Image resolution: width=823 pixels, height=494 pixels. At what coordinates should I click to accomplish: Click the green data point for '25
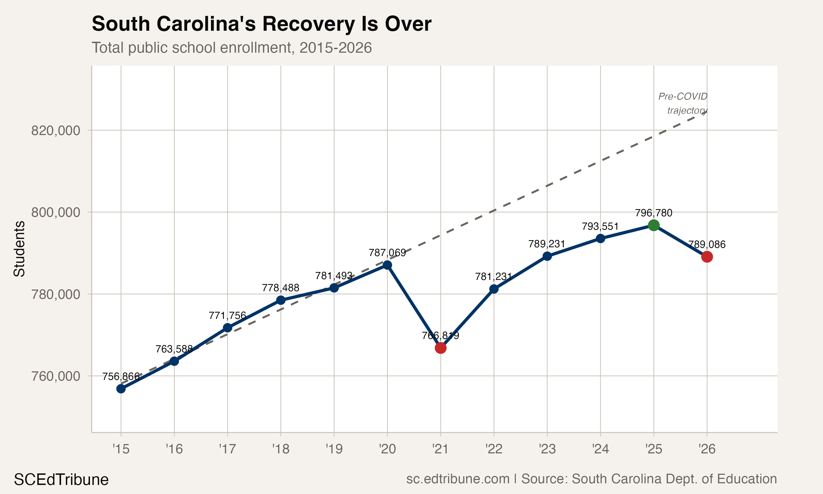[x=653, y=225]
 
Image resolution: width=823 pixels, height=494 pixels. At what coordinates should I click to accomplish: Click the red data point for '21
[x=440, y=348]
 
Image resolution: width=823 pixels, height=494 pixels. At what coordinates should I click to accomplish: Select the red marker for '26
[x=707, y=257]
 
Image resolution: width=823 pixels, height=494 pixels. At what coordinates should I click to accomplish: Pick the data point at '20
[x=387, y=265]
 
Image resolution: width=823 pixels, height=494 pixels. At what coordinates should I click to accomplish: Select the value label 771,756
[x=227, y=315]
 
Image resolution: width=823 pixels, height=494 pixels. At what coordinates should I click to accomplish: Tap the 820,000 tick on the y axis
[x=56, y=130]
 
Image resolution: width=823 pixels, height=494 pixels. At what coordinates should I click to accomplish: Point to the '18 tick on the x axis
[x=280, y=449]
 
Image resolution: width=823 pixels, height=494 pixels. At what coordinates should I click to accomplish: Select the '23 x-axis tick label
[x=547, y=449]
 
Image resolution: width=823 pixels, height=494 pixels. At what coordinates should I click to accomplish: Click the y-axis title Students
[x=19, y=249]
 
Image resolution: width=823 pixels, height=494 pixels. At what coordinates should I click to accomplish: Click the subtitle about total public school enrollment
[x=232, y=47]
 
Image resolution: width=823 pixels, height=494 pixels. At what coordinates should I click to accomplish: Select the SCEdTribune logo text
[x=61, y=480]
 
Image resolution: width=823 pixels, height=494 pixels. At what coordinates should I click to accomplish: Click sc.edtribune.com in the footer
[x=458, y=479]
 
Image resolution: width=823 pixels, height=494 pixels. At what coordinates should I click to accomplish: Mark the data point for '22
[x=494, y=289]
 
